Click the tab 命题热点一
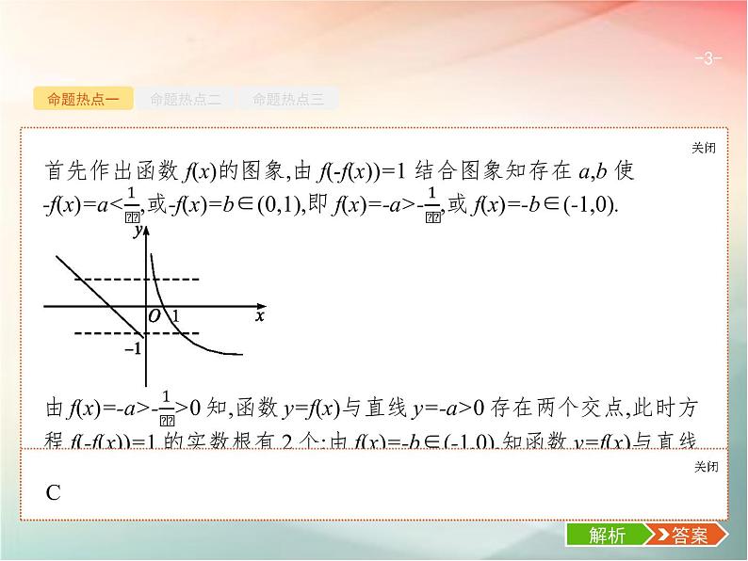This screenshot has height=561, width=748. point(83,98)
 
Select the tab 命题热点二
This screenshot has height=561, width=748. point(186,98)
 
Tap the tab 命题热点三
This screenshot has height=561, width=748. point(287,98)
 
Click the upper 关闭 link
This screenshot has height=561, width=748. point(703,148)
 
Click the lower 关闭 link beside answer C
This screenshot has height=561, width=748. point(703,467)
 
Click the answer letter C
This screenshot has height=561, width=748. point(53,492)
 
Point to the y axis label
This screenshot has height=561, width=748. point(138,230)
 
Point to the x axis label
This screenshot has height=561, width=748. point(260,317)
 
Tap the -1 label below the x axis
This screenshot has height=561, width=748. point(133,348)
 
